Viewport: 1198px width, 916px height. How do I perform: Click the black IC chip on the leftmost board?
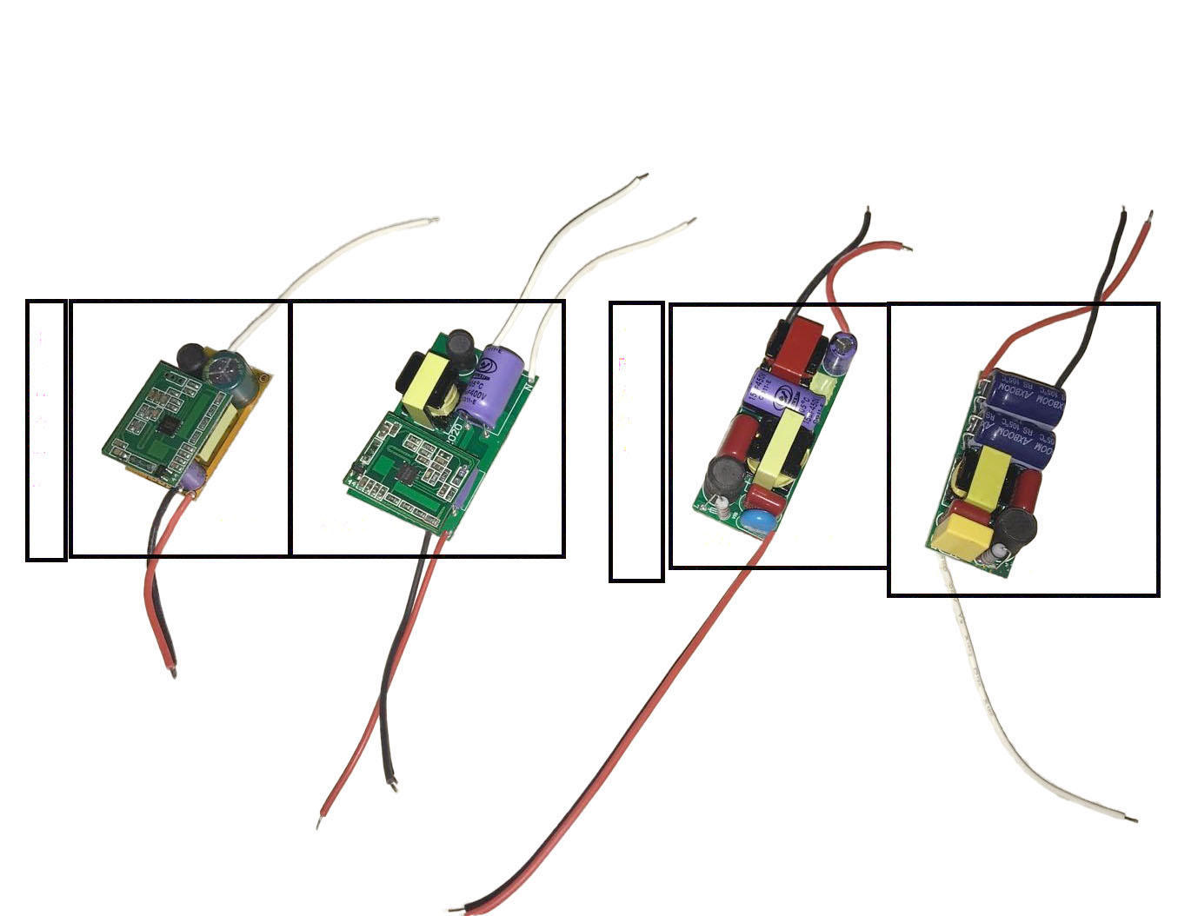tap(170, 424)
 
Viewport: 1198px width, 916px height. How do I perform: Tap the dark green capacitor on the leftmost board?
tap(228, 368)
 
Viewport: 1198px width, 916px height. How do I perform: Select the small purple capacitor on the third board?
tap(842, 351)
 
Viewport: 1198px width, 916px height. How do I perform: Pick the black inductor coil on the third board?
tap(723, 475)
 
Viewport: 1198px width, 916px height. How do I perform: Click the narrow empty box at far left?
tap(46, 429)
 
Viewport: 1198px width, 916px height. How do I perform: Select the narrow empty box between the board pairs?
tap(636, 441)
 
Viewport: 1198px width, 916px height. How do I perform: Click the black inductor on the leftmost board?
tap(191, 355)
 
